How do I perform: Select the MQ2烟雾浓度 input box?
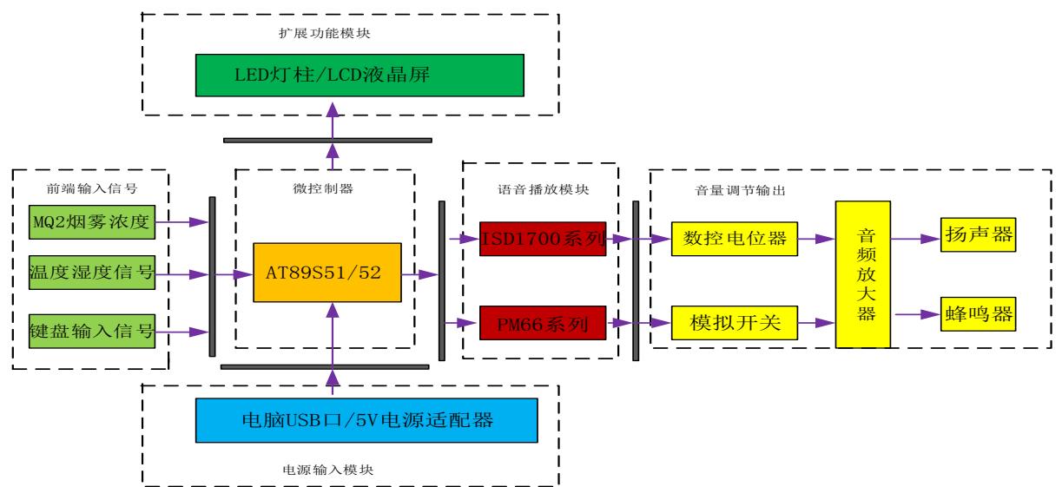click(91, 224)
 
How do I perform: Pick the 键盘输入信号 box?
click(91, 332)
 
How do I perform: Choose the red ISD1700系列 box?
click(543, 239)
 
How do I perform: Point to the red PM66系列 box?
click(543, 326)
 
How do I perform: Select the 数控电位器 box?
click(734, 239)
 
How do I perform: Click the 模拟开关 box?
click(734, 325)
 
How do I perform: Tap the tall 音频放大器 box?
click(862, 274)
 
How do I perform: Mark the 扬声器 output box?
click(977, 236)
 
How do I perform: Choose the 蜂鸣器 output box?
click(977, 313)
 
